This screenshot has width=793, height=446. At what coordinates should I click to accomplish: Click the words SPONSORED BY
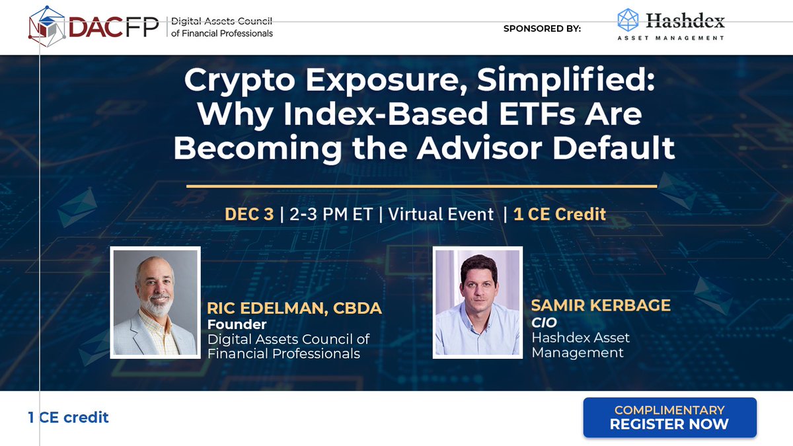point(542,28)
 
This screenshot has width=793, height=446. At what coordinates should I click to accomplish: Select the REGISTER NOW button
point(669,417)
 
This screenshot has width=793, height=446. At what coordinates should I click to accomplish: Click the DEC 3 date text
point(249,215)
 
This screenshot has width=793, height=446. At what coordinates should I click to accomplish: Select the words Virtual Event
point(441,215)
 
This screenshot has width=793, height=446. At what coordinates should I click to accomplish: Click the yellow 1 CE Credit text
point(555,215)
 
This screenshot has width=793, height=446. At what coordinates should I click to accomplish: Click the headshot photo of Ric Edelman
point(155,302)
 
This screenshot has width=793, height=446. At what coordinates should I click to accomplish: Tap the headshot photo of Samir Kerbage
point(477,302)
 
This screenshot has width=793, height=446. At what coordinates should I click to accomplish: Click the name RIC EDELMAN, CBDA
point(295,309)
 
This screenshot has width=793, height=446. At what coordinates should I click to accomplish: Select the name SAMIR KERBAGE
point(601,306)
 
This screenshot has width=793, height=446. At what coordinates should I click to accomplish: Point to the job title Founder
point(237,324)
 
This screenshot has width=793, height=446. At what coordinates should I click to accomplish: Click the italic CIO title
point(544,322)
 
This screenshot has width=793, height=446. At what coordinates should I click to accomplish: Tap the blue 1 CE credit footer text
point(68,417)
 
